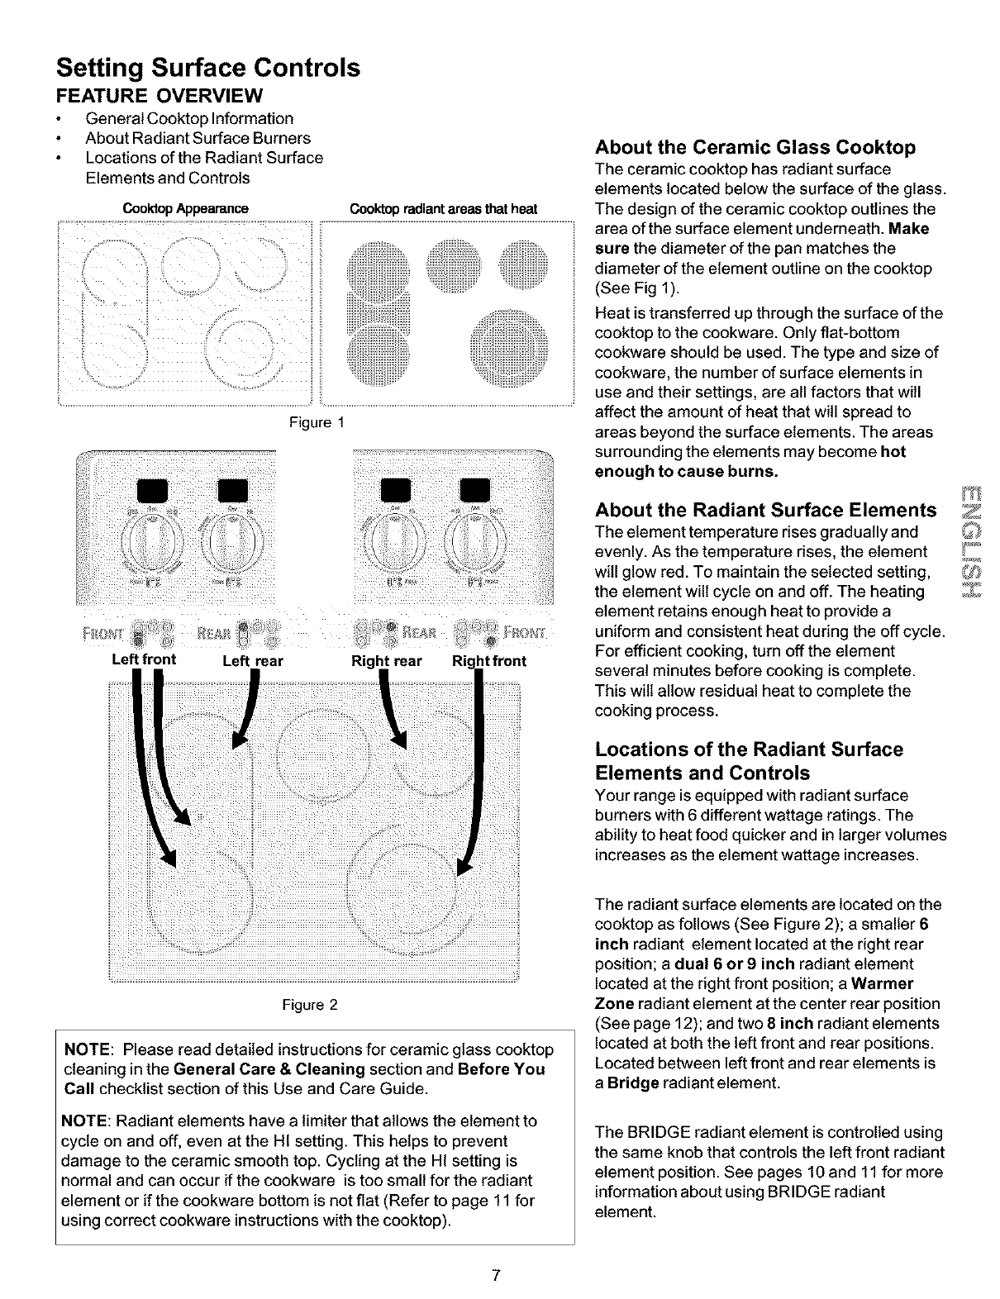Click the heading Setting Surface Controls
tap(207, 67)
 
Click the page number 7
tap(495, 1274)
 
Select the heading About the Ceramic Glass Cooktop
tap(755, 148)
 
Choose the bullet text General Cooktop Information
tap(189, 118)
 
